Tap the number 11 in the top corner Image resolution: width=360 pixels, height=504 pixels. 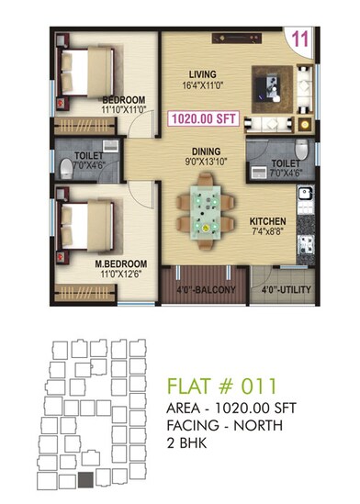299,39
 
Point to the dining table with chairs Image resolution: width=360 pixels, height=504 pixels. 205,210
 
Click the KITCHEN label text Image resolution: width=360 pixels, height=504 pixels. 267,221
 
